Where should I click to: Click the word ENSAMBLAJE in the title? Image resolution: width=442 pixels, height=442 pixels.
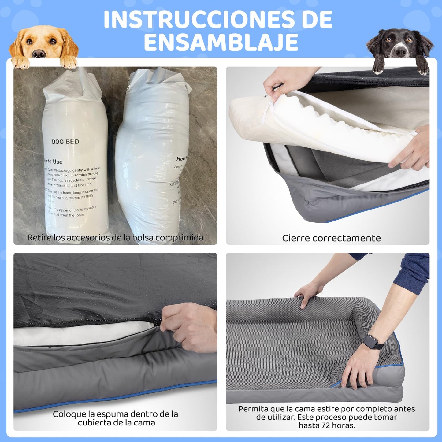tap(221, 42)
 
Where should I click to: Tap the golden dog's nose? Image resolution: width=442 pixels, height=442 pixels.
tap(39, 54)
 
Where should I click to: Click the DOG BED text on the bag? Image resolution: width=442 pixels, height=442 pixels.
tap(65, 142)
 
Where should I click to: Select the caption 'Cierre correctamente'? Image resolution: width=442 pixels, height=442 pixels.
tap(331, 238)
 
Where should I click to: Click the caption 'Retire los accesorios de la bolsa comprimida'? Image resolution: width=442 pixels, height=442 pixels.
tap(115, 237)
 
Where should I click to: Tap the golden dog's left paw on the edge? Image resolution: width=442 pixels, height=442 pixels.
tap(20, 63)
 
